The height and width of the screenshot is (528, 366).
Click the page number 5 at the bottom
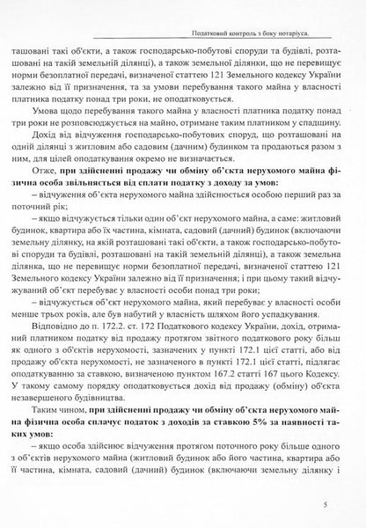click(326, 505)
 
